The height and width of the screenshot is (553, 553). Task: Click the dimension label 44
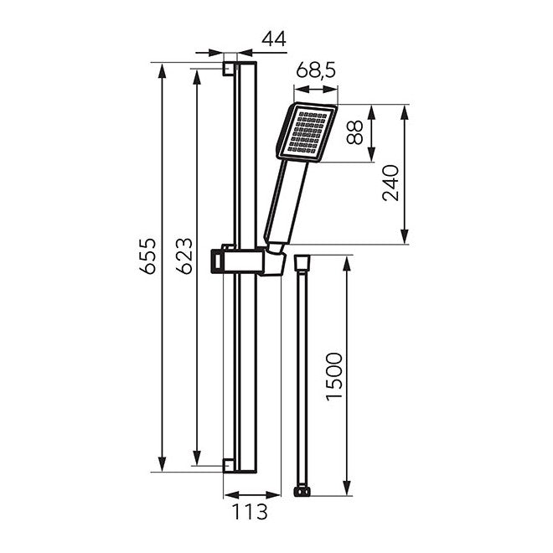pos(274,39)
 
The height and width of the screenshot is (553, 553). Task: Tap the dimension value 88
pos(354,132)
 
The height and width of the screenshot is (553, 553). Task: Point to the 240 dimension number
pos(390,183)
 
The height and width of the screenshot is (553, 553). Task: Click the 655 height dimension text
pos(147,256)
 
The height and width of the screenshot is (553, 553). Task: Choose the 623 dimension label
pos(184,256)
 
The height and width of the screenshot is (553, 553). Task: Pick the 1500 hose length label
pos(334,376)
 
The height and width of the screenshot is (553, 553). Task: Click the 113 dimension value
pos(250,512)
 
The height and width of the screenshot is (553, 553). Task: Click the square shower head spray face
pos(307,132)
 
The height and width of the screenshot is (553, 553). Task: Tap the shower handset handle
pos(286,204)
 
